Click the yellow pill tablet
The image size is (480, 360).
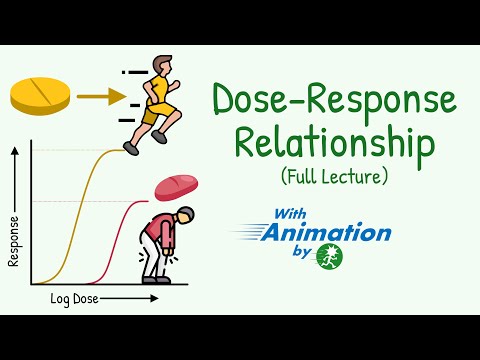[39, 95]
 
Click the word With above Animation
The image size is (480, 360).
[295, 213]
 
